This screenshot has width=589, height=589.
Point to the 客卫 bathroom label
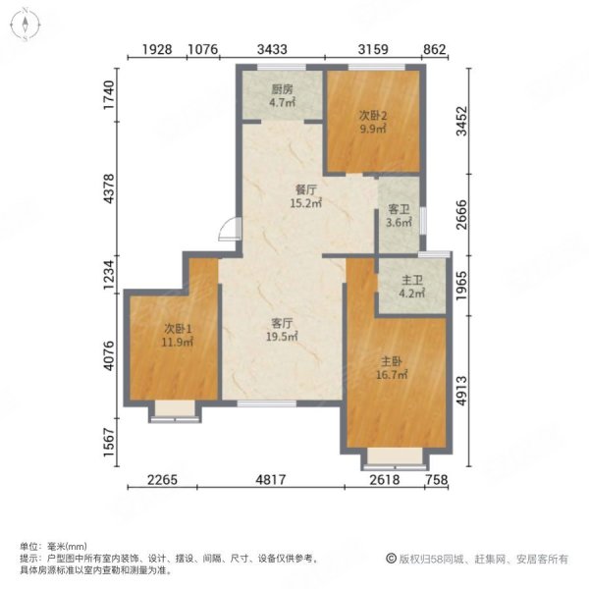click(x=399, y=209)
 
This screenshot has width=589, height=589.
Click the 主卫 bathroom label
click(x=410, y=278)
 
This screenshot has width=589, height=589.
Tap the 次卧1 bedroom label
click(x=178, y=329)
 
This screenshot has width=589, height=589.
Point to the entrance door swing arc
click(x=228, y=228)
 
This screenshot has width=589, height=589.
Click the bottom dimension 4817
click(x=275, y=480)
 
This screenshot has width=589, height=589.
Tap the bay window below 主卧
click(x=394, y=455)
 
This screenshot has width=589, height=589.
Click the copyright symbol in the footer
click(x=391, y=559)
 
